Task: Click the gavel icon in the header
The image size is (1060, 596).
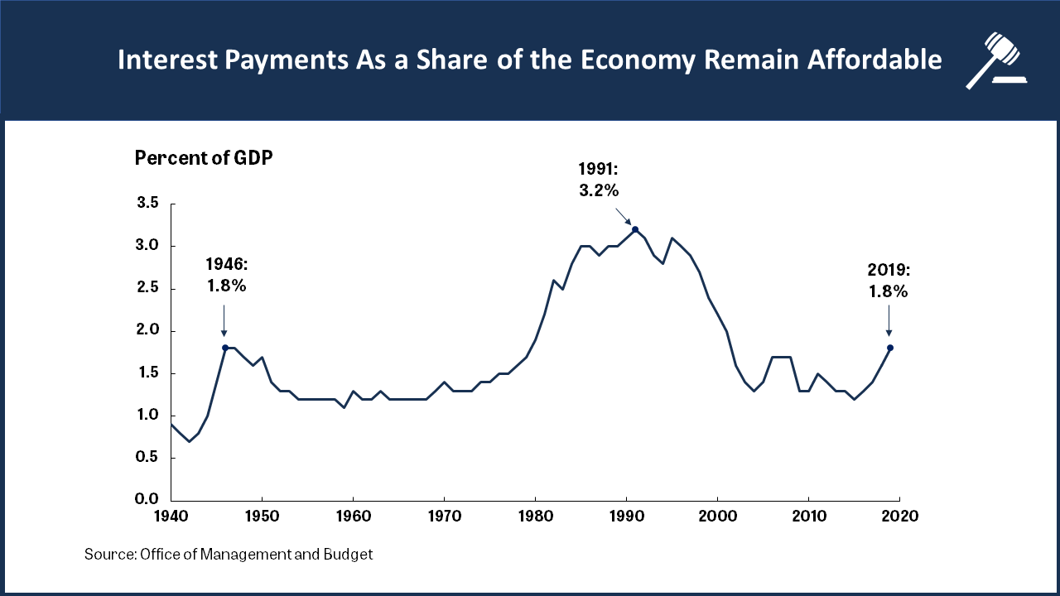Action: click(x=995, y=60)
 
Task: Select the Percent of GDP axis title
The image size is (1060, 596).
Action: click(x=204, y=158)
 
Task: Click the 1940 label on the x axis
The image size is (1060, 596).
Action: click(x=171, y=516)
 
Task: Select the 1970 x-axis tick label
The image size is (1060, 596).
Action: click(x=444, y=516)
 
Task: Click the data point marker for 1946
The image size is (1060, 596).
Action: click(x=225, y=348)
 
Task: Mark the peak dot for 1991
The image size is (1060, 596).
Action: click(x=635, y=229)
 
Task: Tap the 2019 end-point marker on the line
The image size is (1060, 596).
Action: click(x=890, y=348)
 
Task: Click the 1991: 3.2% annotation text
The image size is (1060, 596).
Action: click(x=599, y=180)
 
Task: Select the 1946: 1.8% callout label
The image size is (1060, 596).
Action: click(x=225, y=276)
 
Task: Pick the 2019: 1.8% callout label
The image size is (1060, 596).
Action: click(x=889, y=281)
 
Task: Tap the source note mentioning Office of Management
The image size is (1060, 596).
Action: click(x=229, y=555)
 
